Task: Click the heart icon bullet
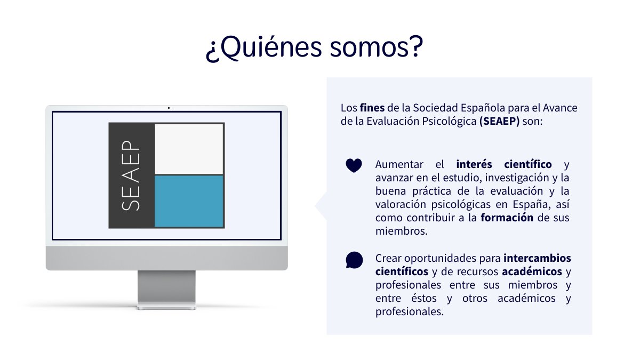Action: click(x=354, y=165)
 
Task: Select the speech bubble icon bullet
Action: click(x=354, y=260)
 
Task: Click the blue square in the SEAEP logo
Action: click(x=189, y=201)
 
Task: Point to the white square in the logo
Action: click(x=189, y=149)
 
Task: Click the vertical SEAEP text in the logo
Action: click(x=131, y=175)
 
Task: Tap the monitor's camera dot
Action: click(x=169, y=108)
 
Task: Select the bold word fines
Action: click(x=372, y=108)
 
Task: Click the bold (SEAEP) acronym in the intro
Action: click(x=499, y=122)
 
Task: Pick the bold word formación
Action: click(x=507, y=218)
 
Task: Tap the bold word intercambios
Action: click(x=537, y=258)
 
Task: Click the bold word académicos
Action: click(x=532, y=271)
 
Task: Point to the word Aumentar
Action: click(x=399, y=164)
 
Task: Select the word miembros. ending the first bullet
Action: click(x=401, y=231)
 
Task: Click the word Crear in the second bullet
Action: click(x=388, y=258)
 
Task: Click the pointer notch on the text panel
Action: click(x=322, y=206)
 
